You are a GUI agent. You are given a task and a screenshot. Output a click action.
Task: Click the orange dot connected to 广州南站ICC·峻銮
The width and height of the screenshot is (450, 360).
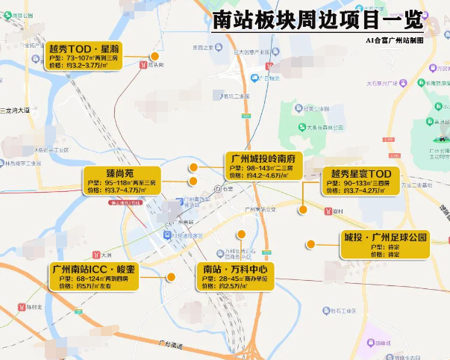[x=171, y=277]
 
